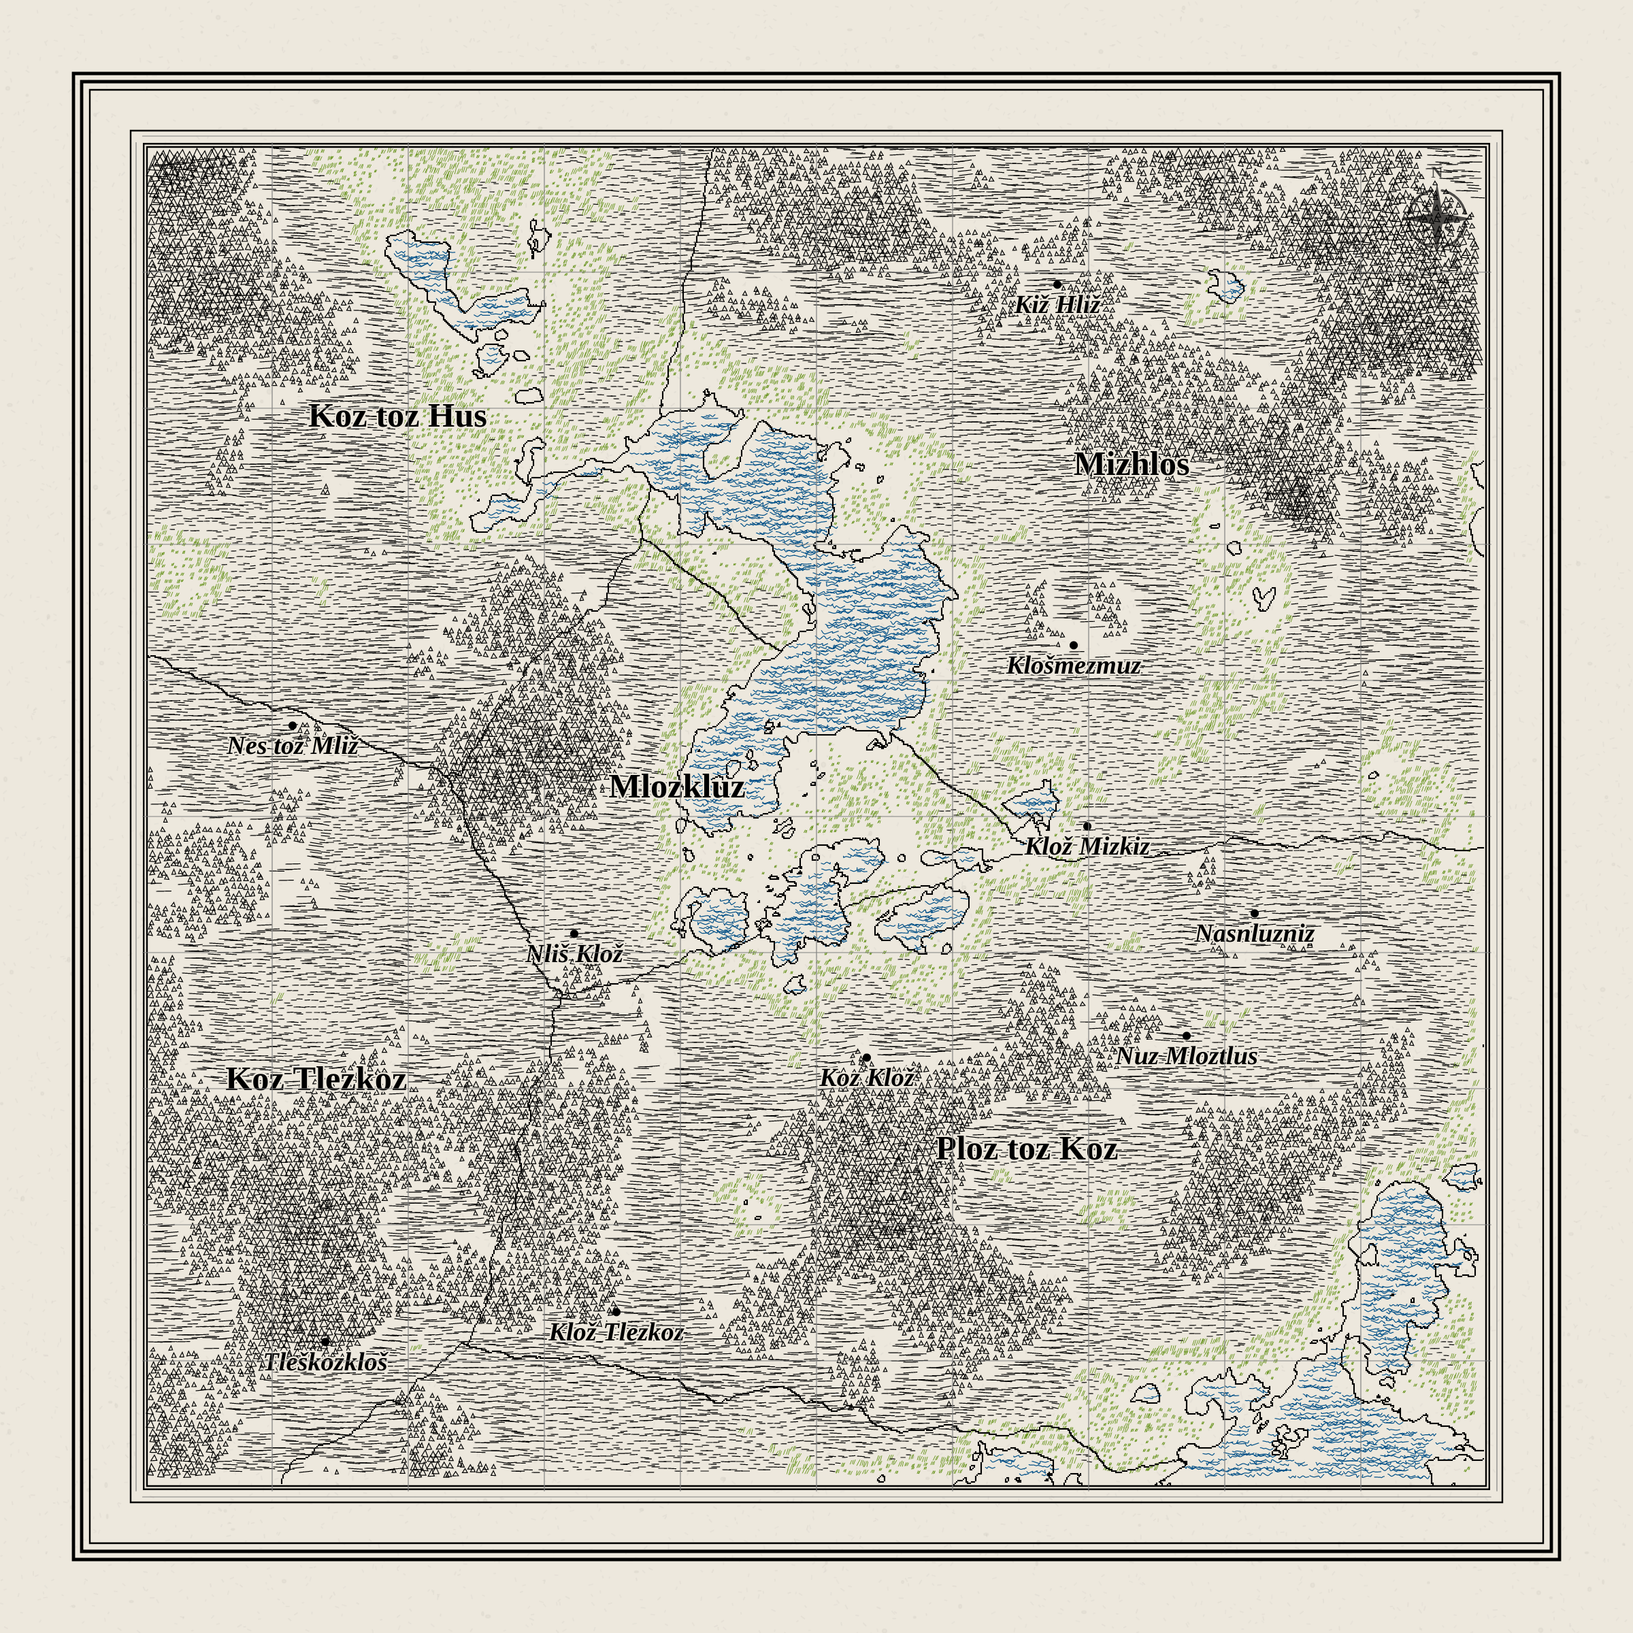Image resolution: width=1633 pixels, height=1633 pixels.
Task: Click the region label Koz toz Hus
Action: pos(397,416)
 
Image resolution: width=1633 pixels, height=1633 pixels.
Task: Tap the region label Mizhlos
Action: pos(1132,464)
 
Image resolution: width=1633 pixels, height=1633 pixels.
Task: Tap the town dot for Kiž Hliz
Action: pos(1057,285)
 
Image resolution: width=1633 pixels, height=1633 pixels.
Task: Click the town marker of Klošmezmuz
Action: pos(1074,645)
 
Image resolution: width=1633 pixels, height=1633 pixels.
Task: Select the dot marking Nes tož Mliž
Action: pos(293,725)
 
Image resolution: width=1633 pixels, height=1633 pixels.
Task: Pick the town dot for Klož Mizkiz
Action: pos(1087,826)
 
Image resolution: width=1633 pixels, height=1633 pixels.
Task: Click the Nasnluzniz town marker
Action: pos(1254,914)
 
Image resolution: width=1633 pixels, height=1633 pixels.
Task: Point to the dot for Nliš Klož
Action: pos(574,934)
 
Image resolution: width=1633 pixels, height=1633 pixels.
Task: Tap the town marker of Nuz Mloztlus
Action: pos(1186,1036)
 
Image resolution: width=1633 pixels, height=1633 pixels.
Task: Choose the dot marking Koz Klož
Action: pos(866,1057)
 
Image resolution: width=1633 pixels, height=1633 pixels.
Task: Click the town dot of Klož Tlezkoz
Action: pos(615,1312)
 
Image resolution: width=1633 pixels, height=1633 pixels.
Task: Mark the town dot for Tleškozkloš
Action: pos(325,1341)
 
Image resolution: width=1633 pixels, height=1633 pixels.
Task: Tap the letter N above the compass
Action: pos(1435,174)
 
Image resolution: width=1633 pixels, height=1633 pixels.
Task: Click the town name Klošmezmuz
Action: pos(1074,666)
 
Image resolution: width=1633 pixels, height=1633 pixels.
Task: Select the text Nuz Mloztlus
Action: pos(1186,1057)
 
